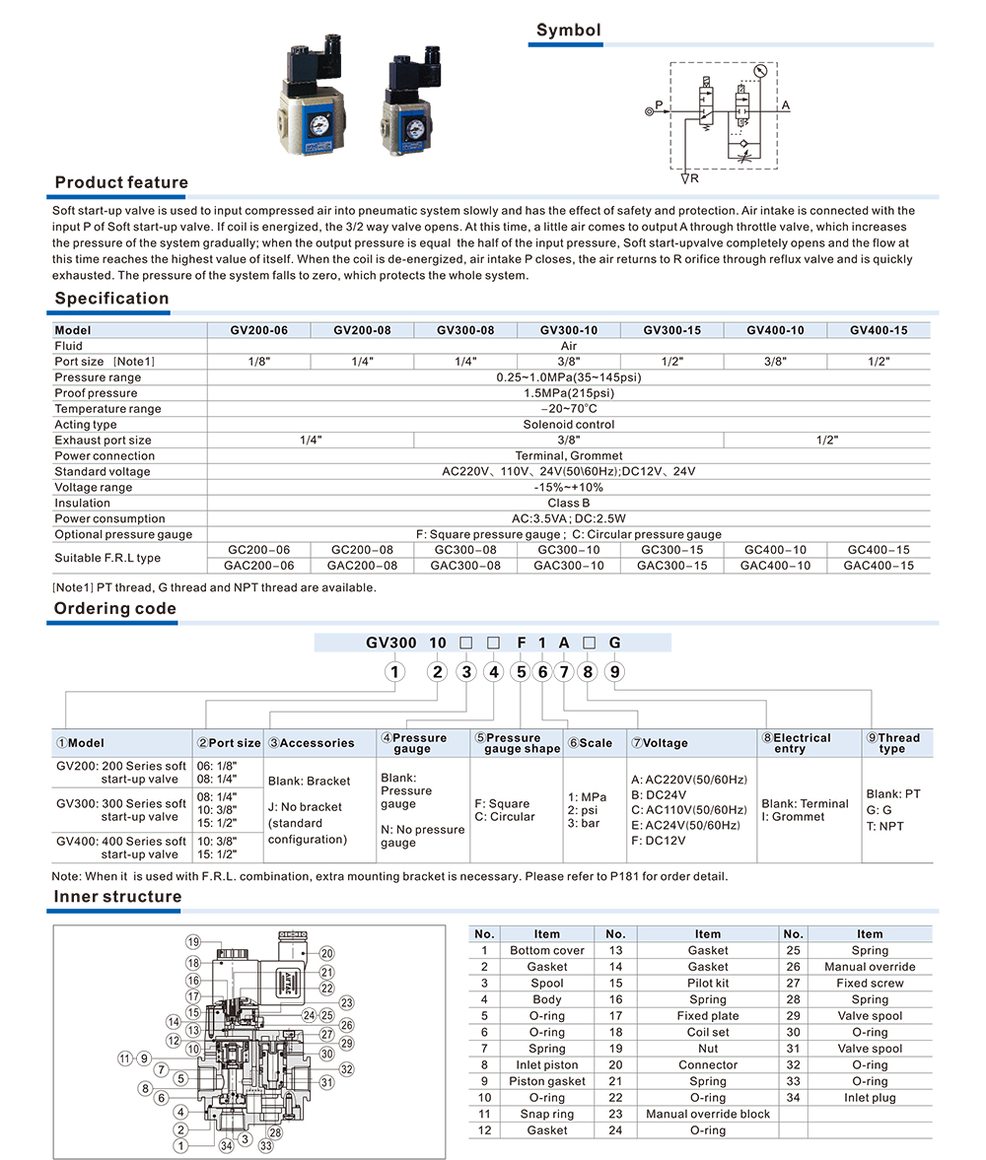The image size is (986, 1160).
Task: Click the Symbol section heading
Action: pos(568,31)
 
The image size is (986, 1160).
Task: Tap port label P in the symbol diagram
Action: pos(659,103)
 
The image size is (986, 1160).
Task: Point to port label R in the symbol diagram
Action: pos(694,178)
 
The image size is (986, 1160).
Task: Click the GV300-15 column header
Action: pos(672,330)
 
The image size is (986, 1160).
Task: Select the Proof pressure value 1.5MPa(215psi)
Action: pos(569,393)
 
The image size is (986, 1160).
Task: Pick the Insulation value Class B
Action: pos(569,503)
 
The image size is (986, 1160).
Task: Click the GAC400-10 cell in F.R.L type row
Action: pos(775,566)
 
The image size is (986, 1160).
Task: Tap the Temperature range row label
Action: pos(107,409)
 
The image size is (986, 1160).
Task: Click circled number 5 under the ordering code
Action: pos(520,672)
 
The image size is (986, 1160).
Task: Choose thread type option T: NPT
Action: pos(884,826)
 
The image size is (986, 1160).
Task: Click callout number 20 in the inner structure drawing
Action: pos(326,953)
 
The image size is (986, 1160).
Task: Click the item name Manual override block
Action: pos(707,1114)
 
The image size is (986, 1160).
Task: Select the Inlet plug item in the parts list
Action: pos(870,1097)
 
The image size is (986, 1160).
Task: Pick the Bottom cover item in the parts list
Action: pos(546,950)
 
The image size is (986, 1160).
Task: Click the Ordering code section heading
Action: pos(115,608)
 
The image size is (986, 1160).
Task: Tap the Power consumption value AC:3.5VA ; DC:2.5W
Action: pos(569,518)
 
